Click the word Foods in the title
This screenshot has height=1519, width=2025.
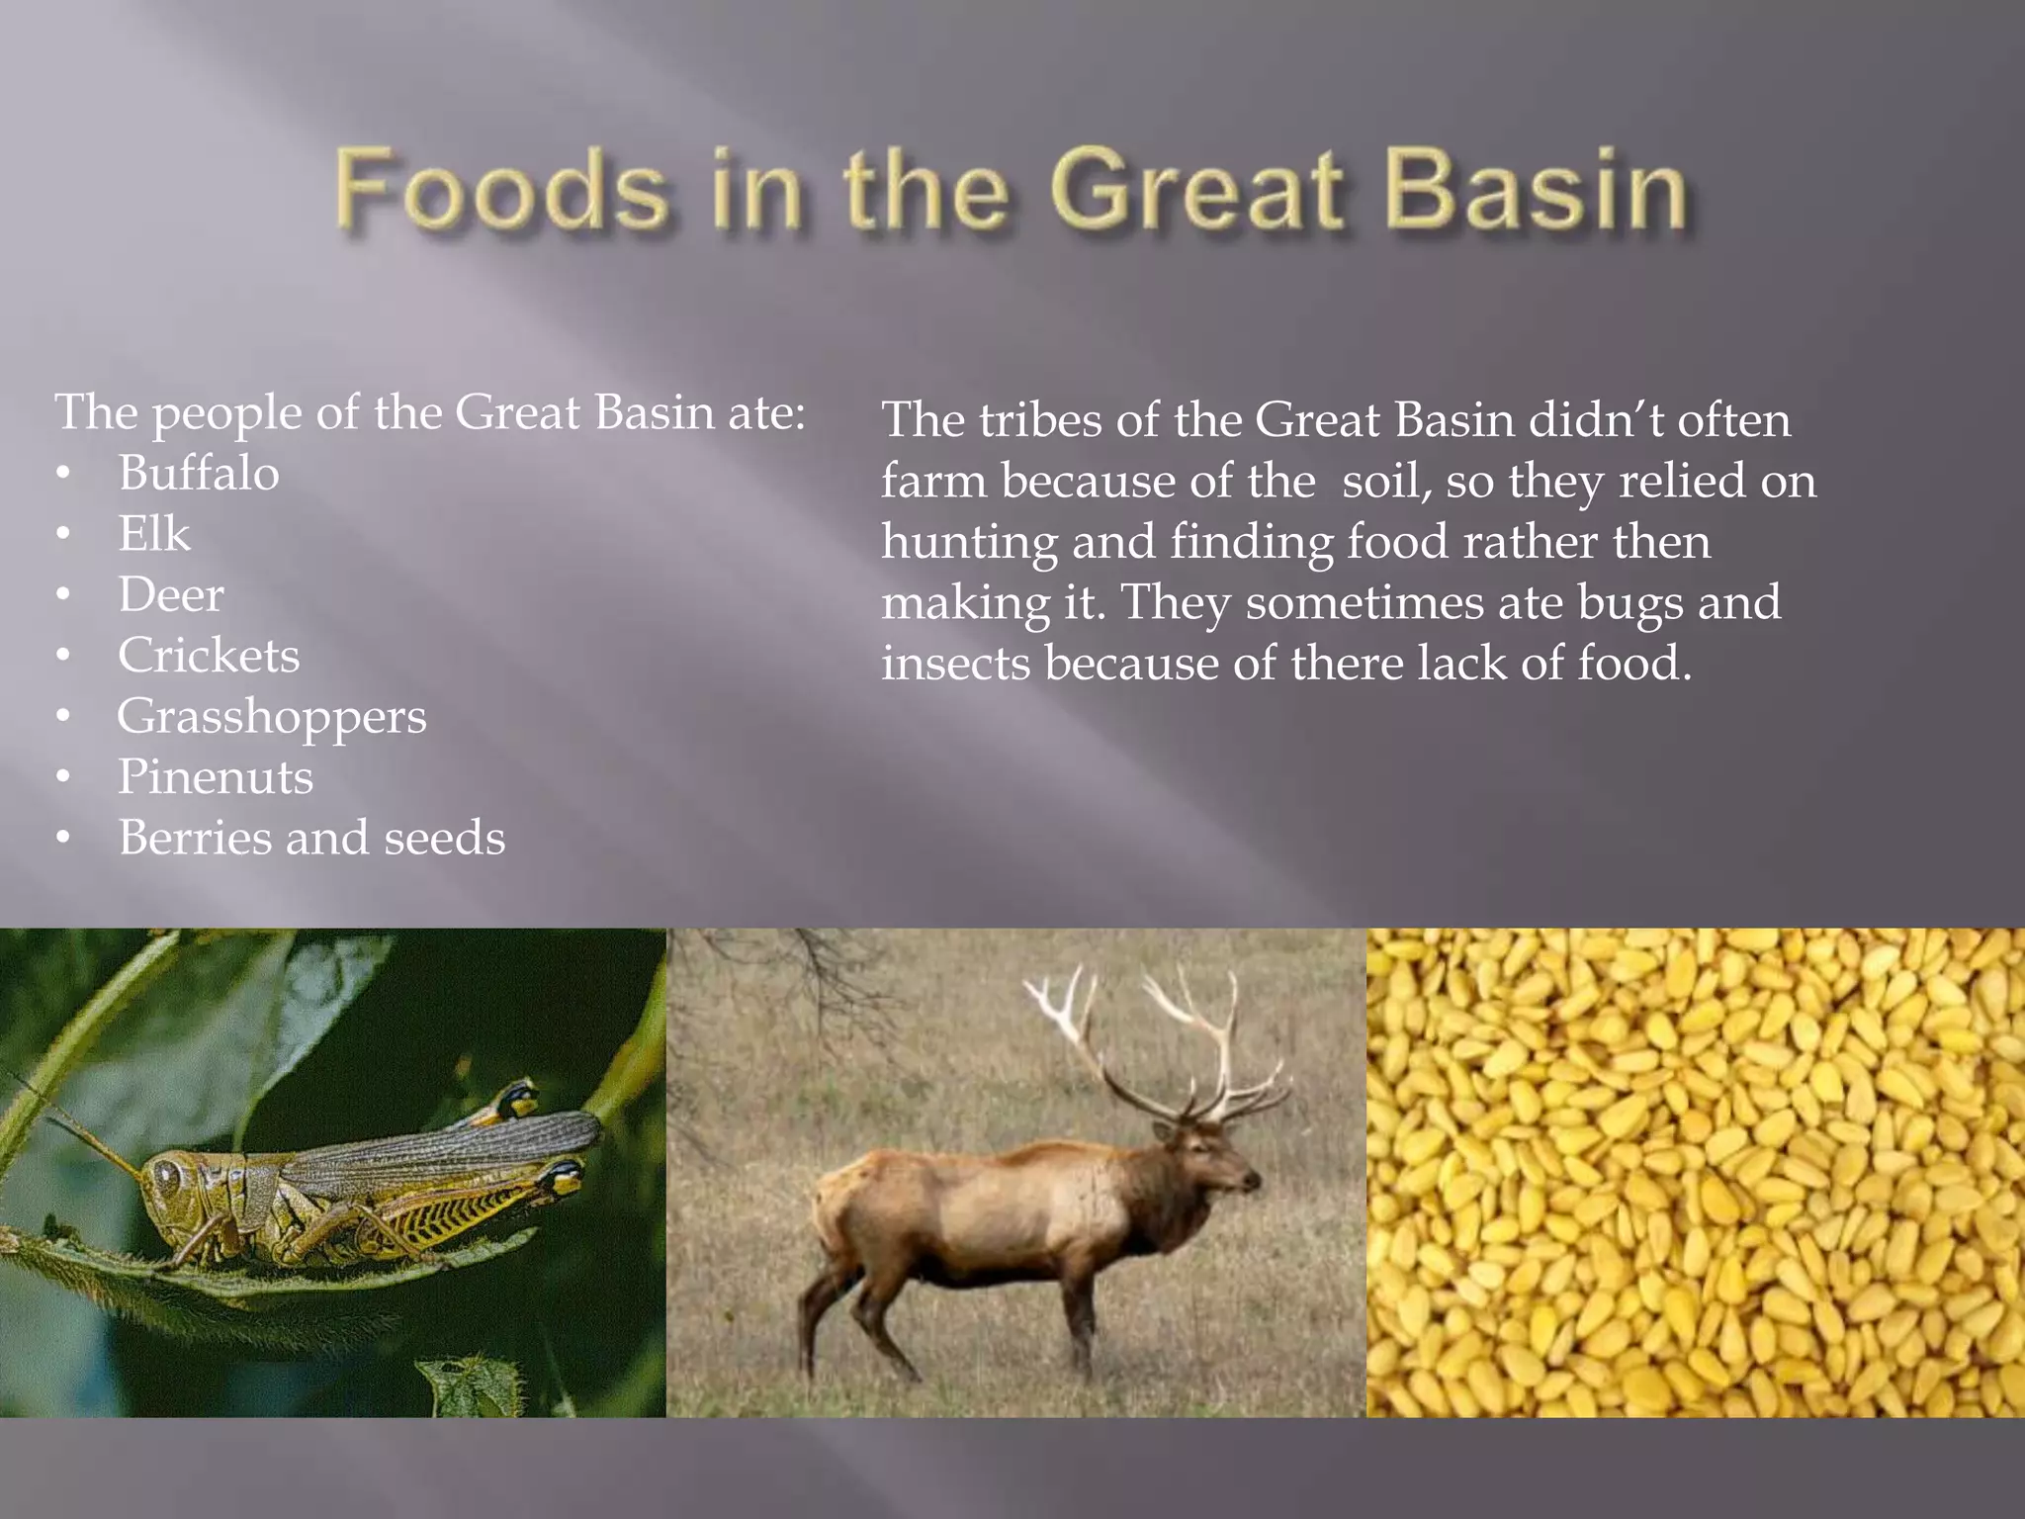(501, 190)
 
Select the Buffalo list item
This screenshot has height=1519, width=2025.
(199, 473)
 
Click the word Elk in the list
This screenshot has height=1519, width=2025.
(154, 534)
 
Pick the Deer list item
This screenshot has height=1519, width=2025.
(171, 594)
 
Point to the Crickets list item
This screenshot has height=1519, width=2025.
(209, 656)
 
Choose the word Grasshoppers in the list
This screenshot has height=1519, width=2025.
(272, 717)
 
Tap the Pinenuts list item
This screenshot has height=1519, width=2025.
(216, 777)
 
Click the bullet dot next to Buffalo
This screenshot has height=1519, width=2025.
(63, 474)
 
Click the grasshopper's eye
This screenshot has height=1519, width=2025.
(164, 1176)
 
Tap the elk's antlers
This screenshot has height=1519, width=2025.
(1167, 1038)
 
